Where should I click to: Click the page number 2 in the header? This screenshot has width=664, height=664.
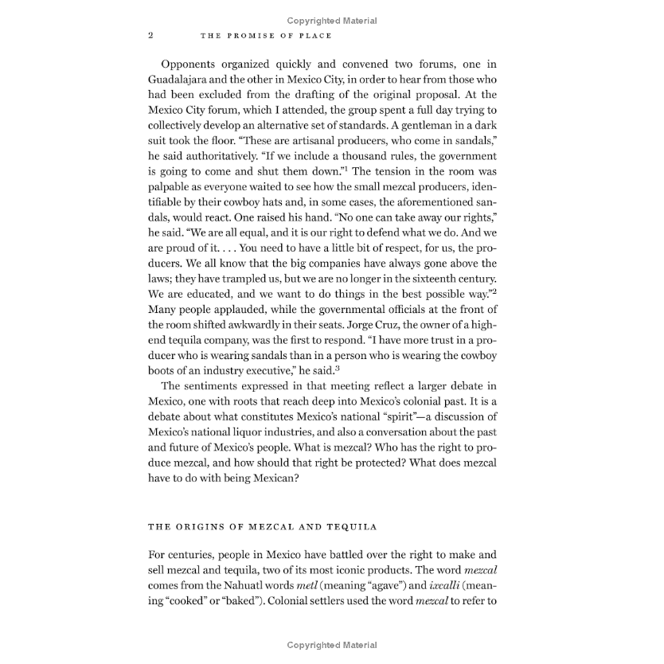(150, 36)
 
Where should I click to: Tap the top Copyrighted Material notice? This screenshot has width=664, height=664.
(332, 21)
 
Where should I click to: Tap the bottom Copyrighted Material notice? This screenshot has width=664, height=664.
(332, 645)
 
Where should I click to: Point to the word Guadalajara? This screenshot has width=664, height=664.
(186, 80)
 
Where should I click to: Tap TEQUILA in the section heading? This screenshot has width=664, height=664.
(353, 526)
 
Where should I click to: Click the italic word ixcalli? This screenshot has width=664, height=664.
(428, 585)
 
